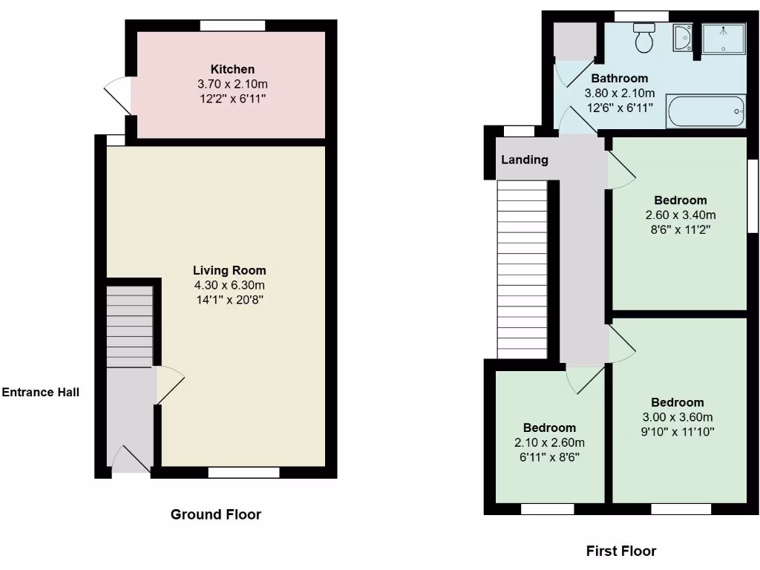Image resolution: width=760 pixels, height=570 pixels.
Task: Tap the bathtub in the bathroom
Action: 705,111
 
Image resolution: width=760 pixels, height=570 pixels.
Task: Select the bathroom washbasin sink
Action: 683,38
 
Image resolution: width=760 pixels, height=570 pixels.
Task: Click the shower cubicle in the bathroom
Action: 723,39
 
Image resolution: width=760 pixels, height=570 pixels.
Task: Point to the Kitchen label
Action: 232,69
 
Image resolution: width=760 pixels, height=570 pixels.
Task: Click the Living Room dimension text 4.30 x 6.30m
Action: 229,285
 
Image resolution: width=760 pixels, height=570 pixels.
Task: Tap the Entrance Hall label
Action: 40,392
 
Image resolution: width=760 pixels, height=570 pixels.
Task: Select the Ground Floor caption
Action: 216,514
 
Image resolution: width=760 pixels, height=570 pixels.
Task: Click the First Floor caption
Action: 621,551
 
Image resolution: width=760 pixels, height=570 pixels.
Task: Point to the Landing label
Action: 524,160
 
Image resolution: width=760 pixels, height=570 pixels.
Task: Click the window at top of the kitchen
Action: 232,25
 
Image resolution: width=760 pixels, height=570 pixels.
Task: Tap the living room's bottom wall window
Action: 243,472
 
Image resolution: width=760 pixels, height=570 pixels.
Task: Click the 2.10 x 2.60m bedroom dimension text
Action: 549,442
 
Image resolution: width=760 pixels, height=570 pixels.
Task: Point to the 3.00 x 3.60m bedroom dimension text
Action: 678,416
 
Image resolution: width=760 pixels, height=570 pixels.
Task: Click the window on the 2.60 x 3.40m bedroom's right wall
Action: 751,196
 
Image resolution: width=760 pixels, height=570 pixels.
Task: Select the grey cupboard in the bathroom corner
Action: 575,40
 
